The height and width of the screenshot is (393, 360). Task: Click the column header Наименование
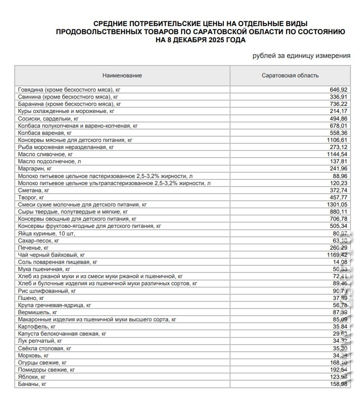(122, 75)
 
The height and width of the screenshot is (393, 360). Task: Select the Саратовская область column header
(290, 75)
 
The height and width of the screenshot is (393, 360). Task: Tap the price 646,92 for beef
(339, 90)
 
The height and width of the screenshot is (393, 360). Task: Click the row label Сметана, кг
(34, 190)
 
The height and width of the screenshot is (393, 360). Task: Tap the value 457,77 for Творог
(339, 197)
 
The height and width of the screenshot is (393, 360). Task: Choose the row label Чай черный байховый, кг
(51, 255)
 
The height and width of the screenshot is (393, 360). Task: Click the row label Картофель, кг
(37, 327)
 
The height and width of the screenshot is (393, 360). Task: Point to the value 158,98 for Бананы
(339, 384)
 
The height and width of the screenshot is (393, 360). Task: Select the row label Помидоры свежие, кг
(46, 370)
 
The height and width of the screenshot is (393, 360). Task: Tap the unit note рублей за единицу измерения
(302, 56)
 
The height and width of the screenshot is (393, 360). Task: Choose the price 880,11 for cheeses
(339, 212)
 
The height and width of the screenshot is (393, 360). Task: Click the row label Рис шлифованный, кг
(46, 291)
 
